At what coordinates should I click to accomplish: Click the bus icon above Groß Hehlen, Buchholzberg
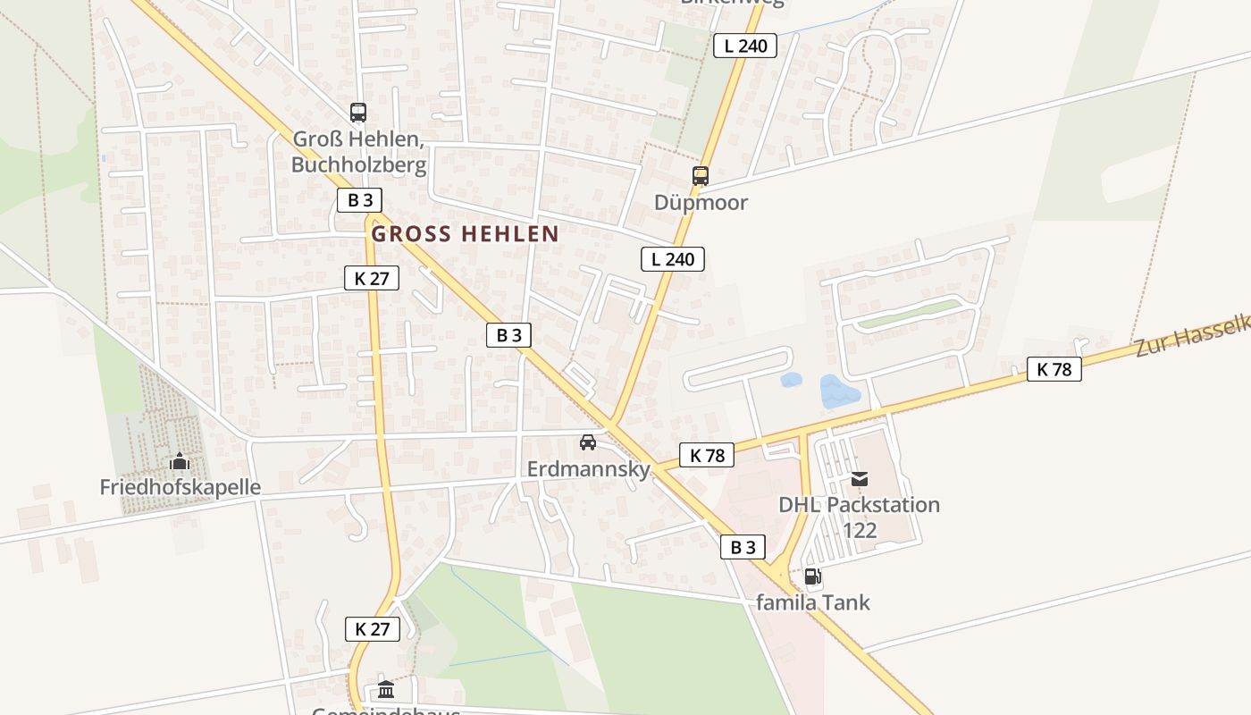pos(358,113)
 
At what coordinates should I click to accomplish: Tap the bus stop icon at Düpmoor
pos(701,176)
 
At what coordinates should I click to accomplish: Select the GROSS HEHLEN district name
pos(465,234)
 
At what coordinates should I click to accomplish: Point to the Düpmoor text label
pos(701,202)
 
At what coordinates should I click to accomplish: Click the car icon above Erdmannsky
pos(588,442)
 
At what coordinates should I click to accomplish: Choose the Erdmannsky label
pos(589,468)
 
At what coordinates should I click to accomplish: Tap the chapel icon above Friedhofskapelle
pos(180,462)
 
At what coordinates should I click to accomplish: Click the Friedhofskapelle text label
pos(180,487)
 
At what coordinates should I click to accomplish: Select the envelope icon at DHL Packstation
pos(860,479)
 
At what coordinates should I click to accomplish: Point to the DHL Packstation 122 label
pos(859,517)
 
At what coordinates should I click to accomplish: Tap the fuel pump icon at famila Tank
pos(812,576)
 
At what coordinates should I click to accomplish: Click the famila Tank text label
pos(812,602)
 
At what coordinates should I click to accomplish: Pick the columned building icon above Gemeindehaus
pos(386,689)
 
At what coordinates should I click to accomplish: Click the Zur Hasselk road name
pos(1192,336)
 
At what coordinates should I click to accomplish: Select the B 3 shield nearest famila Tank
pos(743,547)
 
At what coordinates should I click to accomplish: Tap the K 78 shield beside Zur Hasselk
pos(1054,369)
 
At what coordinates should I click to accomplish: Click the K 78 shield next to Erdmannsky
pos(707,455)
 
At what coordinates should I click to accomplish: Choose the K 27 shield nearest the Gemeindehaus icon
pos(372,628)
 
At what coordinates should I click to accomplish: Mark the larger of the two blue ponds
pos(839,391)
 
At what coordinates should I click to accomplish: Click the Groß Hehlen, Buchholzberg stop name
pos(358,152)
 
